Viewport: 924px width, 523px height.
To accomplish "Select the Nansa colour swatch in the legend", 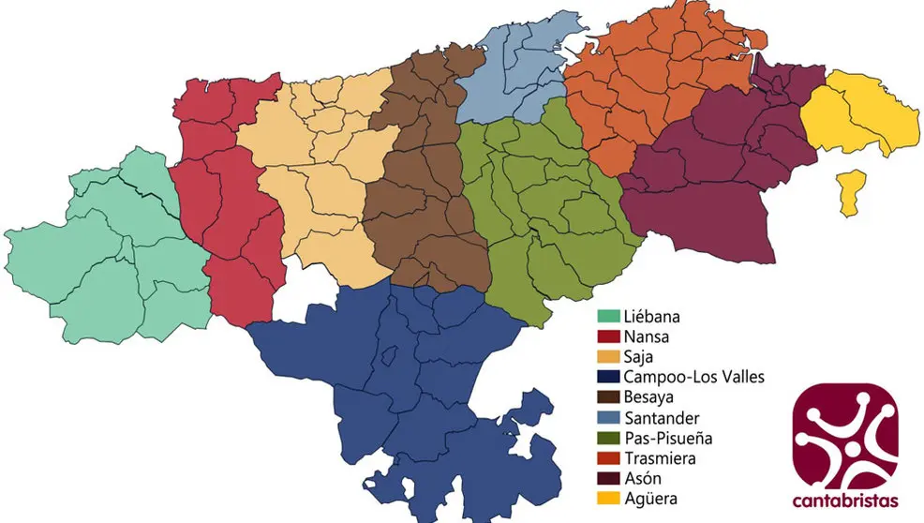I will (609, 336).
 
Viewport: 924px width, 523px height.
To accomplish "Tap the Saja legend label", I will (639, 356).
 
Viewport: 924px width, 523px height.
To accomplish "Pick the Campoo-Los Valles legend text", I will (693, 377).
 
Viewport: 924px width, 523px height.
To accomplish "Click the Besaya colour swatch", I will (609, 397).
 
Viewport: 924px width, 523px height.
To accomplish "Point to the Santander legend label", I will (660, 417).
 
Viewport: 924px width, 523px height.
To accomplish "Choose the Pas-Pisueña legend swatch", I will (609, 438).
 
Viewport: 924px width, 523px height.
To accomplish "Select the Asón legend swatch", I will (609, 479).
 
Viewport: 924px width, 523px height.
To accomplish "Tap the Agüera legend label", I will (650, 500).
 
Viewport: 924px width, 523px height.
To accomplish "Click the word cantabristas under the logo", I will (844, 499).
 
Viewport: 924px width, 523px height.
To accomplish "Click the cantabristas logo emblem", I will (844, 435).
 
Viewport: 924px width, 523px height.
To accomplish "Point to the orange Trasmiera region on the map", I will (637, 84).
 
